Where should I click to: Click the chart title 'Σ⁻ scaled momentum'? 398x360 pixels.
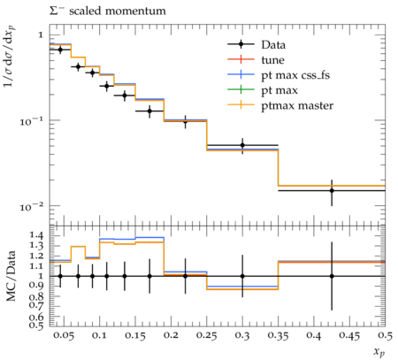[x=107, y=11]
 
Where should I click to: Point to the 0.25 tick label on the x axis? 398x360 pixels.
[x=207, y=335]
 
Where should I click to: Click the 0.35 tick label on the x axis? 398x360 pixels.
[x=278, y=335]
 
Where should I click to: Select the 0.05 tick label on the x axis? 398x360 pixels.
[x=65, y=335]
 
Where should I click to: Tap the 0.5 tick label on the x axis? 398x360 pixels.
[x=386, y=335]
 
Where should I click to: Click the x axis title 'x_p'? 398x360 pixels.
[x=379, y=351]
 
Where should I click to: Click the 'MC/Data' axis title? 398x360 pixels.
[x=11, y=276]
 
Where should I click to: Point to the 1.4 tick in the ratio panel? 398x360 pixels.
[x=36, y=235]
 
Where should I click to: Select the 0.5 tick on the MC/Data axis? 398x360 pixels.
[x=36, y=325]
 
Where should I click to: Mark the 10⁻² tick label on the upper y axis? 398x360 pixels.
[x=32, y=206]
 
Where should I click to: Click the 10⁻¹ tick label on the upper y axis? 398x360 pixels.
[x=32, y=121]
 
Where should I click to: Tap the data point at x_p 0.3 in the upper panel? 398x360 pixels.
[x=242, y=145]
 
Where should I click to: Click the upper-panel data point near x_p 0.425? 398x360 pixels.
[x=332, y=190]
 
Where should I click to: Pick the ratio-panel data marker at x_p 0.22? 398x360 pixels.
[x=186, y=276]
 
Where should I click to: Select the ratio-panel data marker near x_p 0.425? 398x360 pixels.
[x=332, y=276]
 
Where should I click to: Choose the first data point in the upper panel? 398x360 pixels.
[x=60, y=50]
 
